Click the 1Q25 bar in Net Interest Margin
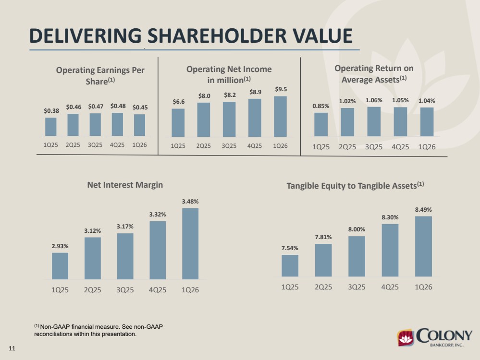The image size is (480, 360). pyautogui.click(x=60, y=266)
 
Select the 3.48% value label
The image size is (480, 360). pyautogui.click(x=190, y=202)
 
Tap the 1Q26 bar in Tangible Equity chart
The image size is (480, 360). pyautogui.click(x=423, y=246)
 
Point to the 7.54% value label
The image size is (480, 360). pyautogui.click(x=290, y=248)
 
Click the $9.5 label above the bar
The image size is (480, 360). pyautogui.click(x=281, y=89)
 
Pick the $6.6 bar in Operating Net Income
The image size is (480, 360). pyautogui.click(x=178, y=123)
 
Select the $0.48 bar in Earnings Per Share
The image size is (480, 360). pyautogui.click(x=117, y=124)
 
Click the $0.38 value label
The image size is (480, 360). pyautogui.click(x=51, y=111)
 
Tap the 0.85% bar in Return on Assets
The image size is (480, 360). pyautogui.click(x=321, y=124)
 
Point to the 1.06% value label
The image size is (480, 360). pyautogui.click(x=374, y=100)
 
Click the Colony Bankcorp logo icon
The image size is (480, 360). pyautogui.click(x=406, y=338)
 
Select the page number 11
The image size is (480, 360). pyautogui.click(x=12, y=348)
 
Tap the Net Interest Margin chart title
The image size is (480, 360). pyautogui.click(x=125, y=185)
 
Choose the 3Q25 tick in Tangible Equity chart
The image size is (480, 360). pyautogui.click(x=357, y=287)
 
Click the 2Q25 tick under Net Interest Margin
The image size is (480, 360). pyautogui.click(x=92, y=289)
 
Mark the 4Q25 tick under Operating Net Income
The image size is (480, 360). pyautogui.click(x=255, y=146)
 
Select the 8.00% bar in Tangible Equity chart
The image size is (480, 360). pyautogui.click(x=357, y=256)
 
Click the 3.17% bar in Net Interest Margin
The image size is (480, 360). pyautogui.click(x=125, y=256)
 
